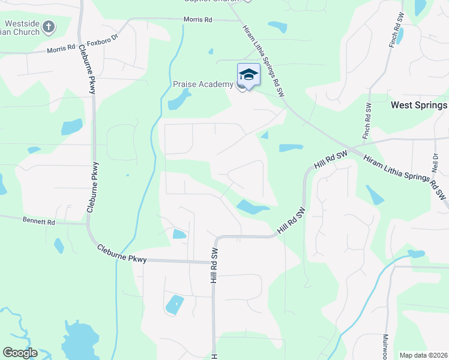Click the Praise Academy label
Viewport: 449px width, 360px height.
pyautogui.click(x=202, y=85)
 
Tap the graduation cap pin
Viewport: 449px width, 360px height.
pyautogui.click(x=249, y=74)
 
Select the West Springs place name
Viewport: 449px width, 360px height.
pyautogui.click(x=418, y=105)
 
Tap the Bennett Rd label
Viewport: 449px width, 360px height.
pyautogui.click(x=39, y=222)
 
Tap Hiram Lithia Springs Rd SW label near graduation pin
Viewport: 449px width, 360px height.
pyautogui.click(x=262, y=61)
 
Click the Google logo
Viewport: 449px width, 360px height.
pyautogui.click(x=20, y=353)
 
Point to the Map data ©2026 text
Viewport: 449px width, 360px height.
pyautogui.click(x=424, y=355)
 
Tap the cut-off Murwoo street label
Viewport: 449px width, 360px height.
pyautogui.click(x=385, y=346)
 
